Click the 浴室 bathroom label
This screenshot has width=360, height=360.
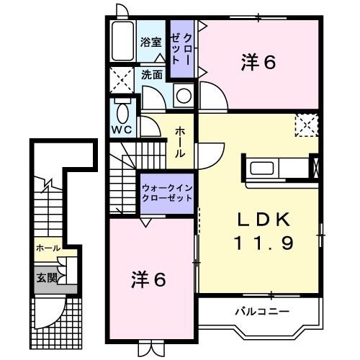click(150, 42)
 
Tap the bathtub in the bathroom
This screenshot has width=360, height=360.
click(122, 42)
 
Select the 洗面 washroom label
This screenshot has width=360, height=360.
click(151, 73)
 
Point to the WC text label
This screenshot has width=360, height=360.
click(120, 131)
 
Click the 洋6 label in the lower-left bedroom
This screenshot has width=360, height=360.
click(149, 279)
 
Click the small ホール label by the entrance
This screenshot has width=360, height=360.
click(48, 248)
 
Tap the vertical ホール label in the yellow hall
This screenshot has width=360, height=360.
click(179, 143)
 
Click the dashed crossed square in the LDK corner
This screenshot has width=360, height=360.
click(307, 125)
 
